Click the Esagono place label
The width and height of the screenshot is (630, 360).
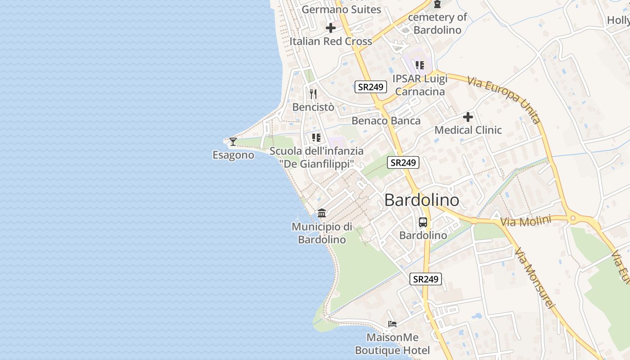(233, 155)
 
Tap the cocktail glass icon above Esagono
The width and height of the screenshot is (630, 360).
(233, 142)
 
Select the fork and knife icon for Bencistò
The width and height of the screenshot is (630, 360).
(313, 94)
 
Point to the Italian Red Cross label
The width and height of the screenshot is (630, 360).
(331, 41)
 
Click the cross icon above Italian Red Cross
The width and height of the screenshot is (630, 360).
(331, 28)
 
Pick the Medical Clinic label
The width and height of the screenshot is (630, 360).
(468, 130)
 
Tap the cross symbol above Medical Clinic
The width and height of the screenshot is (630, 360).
(468, 117)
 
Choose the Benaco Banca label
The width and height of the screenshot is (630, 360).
(386, 121)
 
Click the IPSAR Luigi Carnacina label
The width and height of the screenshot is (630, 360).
(420, 85)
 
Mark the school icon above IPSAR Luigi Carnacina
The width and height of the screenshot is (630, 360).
(420, 65)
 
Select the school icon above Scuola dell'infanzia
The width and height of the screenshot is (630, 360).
(316, 138)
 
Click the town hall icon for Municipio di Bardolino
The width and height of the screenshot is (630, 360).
(322, 213)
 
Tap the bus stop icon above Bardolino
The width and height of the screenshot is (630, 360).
(423, 222)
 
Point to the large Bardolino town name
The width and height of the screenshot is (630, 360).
(422, 200)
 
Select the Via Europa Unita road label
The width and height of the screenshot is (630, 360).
(504, 99)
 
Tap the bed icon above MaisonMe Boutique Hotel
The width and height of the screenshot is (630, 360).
(392, 324)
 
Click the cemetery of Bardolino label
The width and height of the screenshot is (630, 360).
(437, 24)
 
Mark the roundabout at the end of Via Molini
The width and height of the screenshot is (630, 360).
(573, 219)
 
